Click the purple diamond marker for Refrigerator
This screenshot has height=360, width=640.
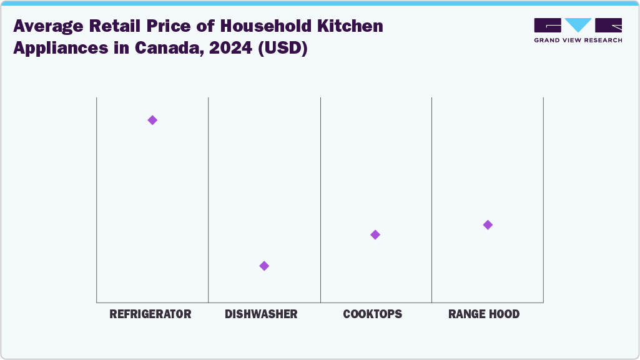click(152, 120)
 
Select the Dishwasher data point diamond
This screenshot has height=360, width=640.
click(264, 266)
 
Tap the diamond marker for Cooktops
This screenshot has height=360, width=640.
click(375, 235)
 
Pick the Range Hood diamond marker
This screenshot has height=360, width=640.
click(488, 225)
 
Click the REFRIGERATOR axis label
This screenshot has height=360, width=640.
click(150, 314)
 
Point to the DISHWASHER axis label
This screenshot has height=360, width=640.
click(261, 314)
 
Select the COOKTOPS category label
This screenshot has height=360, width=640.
click(373, 314)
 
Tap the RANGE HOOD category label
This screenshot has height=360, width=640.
click(484, 314)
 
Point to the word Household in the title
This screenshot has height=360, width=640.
click(227, 26)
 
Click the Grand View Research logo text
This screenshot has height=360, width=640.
click(578, 40)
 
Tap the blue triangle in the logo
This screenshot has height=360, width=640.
click(578, 25)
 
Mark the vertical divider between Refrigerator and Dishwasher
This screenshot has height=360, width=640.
click(208, 200)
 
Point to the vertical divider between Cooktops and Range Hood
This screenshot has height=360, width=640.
click(431, 200)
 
